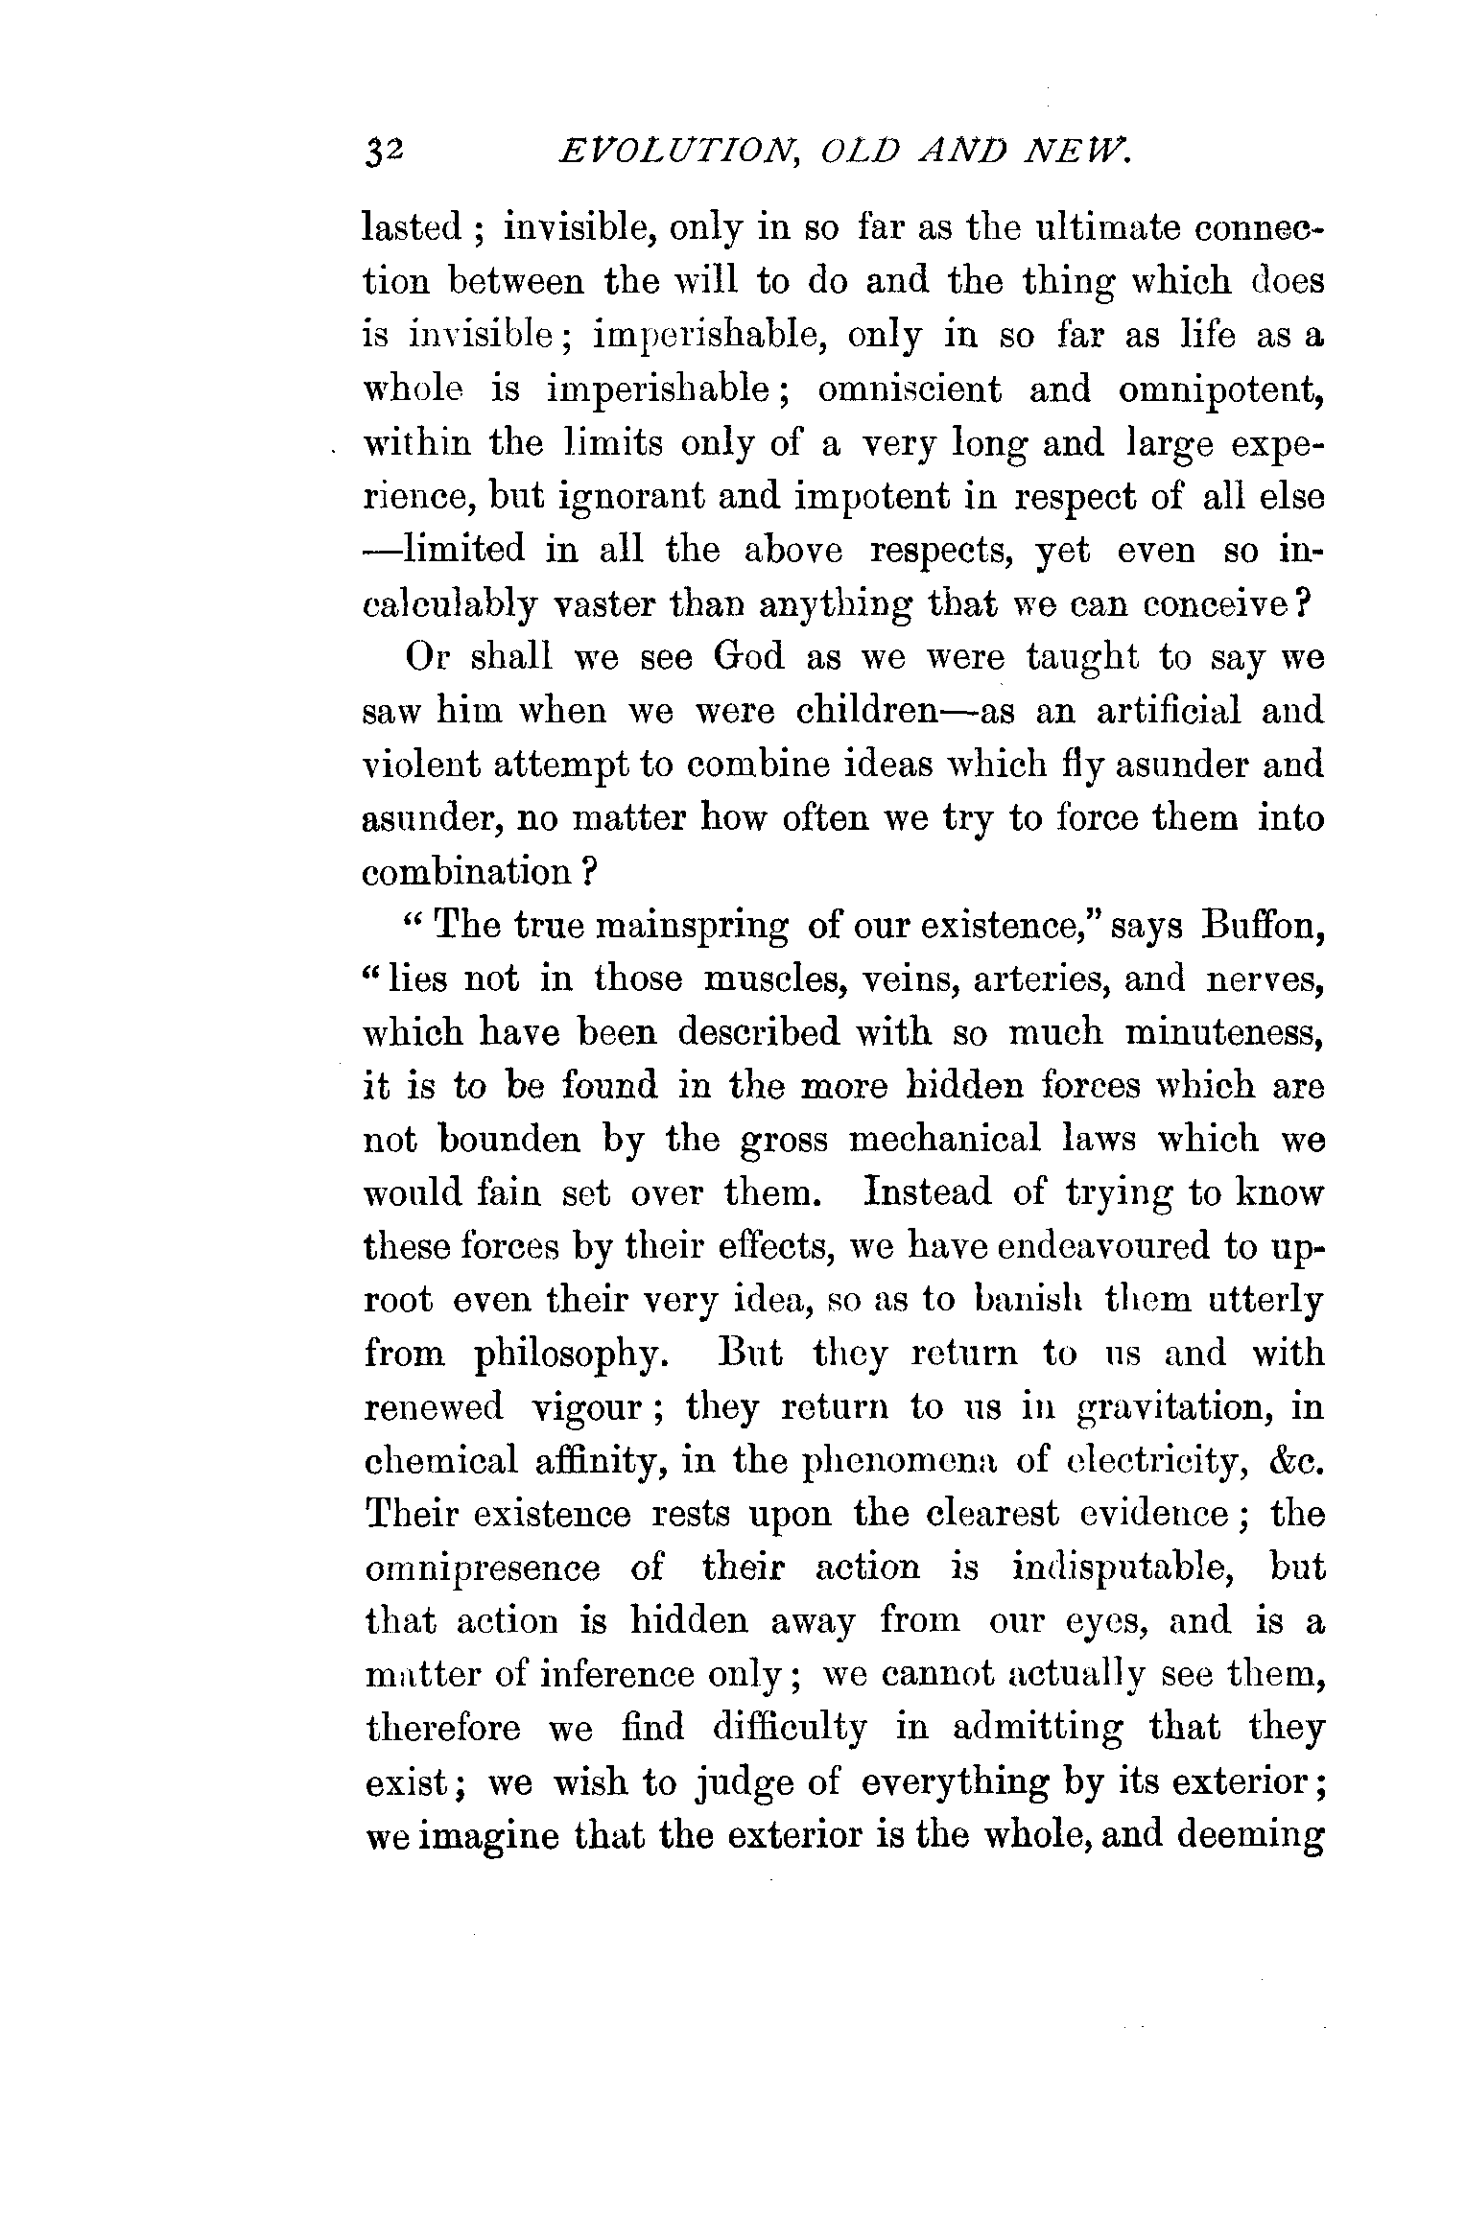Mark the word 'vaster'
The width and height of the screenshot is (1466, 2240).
tap(615, 605)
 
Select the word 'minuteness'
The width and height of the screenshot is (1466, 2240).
tap(1224, 1033)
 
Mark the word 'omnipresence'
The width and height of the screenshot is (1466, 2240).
tap(484, 1569)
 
